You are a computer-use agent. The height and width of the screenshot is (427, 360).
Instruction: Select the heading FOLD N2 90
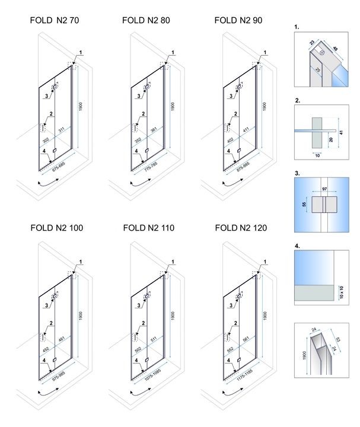coord(238,20)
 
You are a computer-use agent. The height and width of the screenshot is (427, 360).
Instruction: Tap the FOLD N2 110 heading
coord(148,227)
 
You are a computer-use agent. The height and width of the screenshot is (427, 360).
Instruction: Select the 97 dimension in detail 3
coord(324,188)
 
